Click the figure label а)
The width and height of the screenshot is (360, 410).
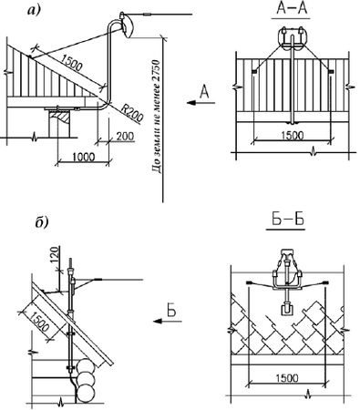[34, 11]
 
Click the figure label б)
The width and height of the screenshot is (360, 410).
[41, 222]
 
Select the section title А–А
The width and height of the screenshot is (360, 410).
[292, 9]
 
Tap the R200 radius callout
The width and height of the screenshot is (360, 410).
[132, 111]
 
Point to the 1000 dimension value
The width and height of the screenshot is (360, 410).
[84, 157]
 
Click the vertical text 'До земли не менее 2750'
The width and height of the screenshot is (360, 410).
[157, 117]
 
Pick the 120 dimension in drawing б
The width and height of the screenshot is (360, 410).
[54, 254]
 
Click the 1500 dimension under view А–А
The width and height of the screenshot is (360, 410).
[292, 135]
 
